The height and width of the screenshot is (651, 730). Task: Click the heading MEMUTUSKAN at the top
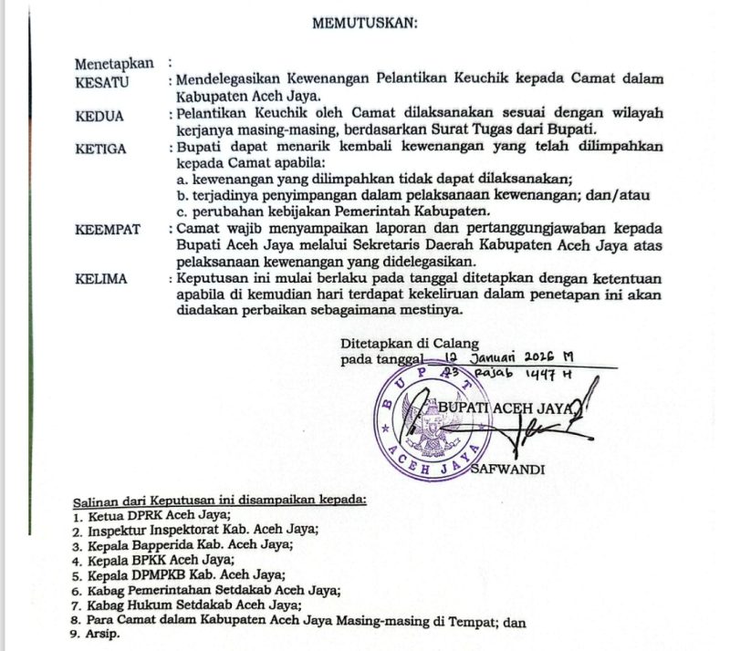pos(364,24)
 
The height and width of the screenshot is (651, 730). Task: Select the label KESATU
pos(101,80)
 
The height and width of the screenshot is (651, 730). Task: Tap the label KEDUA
pos(99,116)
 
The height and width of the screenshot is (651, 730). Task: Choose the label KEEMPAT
pos(108,229)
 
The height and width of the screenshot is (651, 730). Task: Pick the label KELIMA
pos(101,279)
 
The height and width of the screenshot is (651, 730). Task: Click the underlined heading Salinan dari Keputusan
pos(219,500)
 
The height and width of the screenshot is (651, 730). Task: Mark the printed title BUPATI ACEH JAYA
pos(506,407)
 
